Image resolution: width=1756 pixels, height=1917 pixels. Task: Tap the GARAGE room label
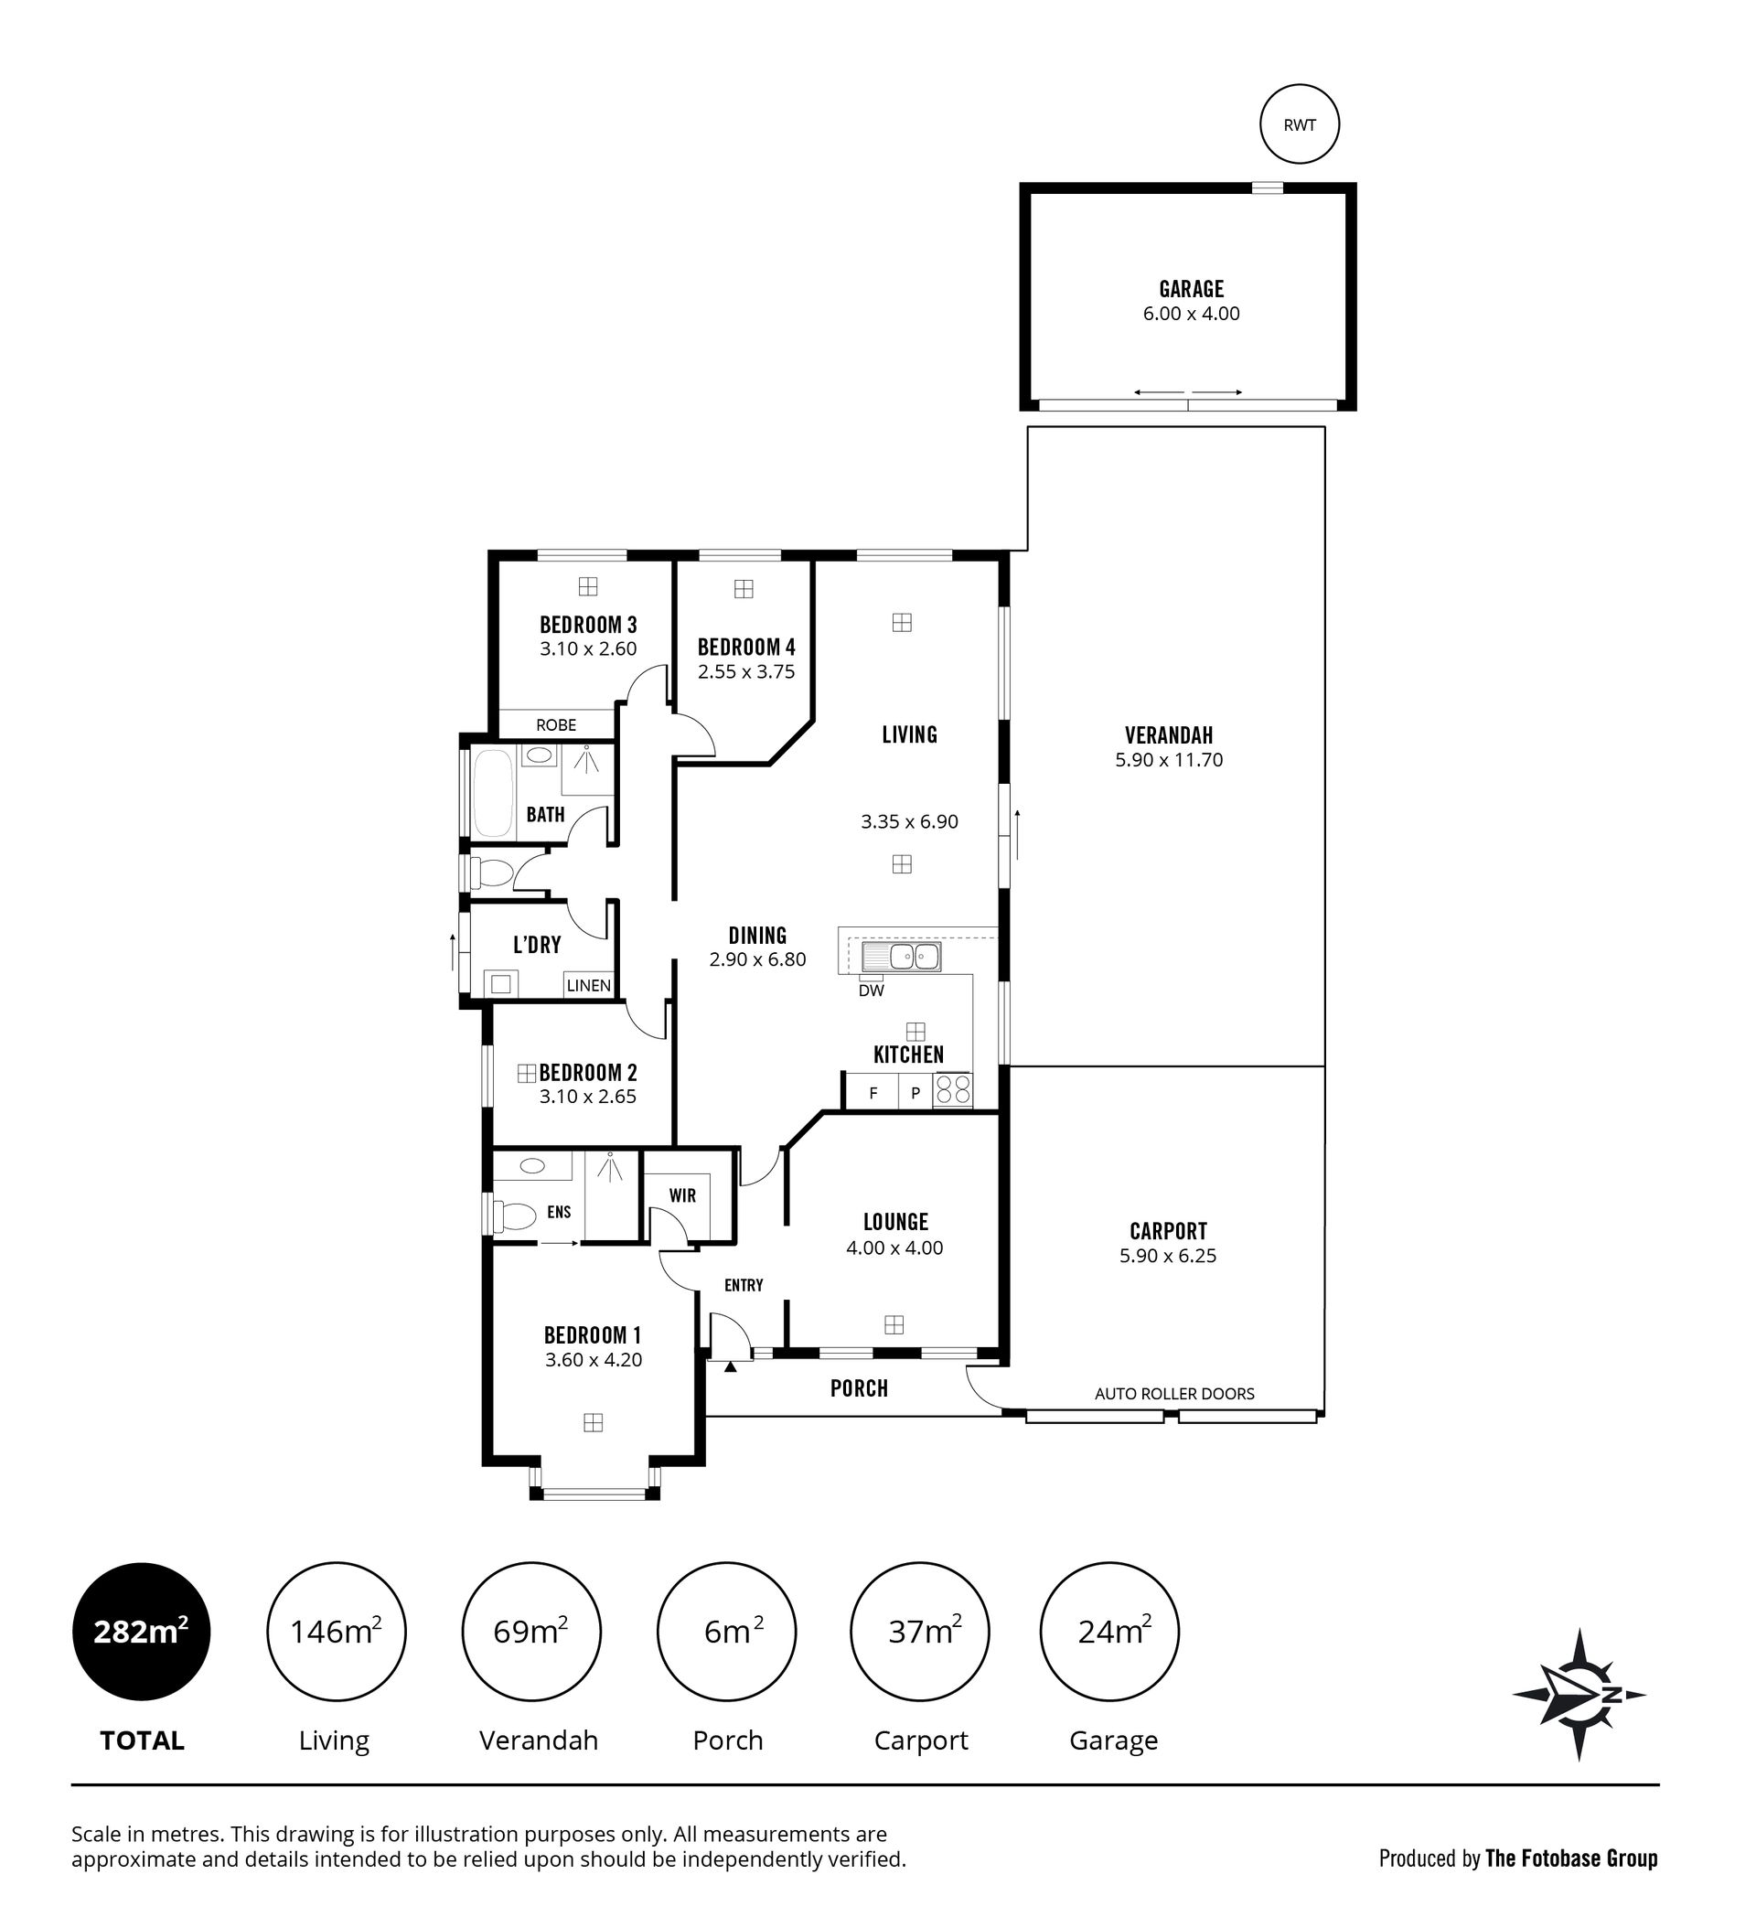pyautogui.click(x=1192, y=288)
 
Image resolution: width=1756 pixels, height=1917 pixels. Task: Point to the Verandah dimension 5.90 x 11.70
pyautogui.click(x=1169, y=760)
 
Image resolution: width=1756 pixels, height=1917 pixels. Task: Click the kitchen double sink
pyautogui.click(x=901, y=957)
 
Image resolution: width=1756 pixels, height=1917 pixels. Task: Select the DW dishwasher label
pyautogui.click(x=871, y=990)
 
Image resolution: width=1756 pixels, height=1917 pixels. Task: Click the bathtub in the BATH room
pyautogui.click(x=494, y=793)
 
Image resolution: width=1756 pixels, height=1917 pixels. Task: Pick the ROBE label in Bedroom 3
pyautogui.click(x=556, y=724)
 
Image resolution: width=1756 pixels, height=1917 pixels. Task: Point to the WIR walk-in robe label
pyautogui.click(x=682, y=1195)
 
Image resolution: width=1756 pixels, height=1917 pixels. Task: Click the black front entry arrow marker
pyautogui.click(x=730, y=1366)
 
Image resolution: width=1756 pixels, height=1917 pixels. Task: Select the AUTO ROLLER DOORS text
pyautogui.click(x=1174, y=1393)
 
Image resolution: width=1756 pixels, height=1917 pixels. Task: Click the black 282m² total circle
pyautogui.click(x=142, y=1632)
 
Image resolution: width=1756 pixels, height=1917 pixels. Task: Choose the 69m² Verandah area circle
pyautogui.click(x=531, y=1632)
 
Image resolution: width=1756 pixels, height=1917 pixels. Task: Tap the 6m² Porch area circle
pyautogui.click(x=726, y=1632)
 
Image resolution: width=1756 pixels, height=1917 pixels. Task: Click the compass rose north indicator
pyautogui.click(x=1579, y=1695)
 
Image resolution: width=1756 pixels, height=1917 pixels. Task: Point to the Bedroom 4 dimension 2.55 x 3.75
pyautogui.click(x=746, y=671)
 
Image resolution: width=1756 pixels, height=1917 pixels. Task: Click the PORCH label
pyautogui.click(x=860, y=1388)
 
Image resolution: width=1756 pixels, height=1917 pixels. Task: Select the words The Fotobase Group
pyautogui.click(x=1571, y=1858)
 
